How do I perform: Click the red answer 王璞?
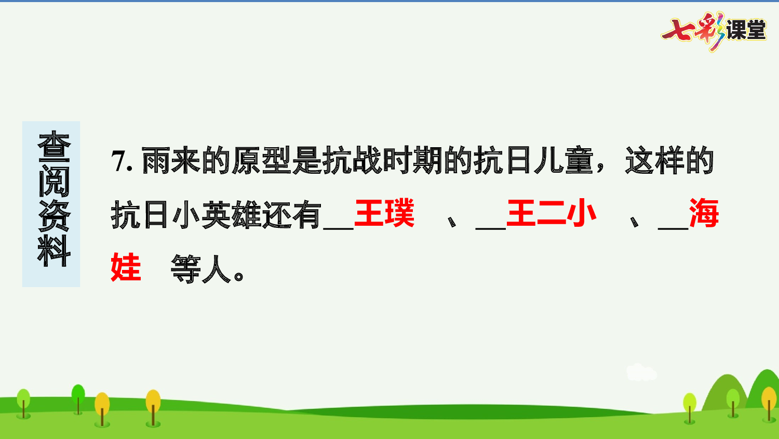tap(384, 213)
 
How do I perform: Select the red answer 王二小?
tap(551, 213)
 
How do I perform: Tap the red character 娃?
tap(126, 268)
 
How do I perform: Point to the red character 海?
tap(704, 213)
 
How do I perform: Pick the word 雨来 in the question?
tap(171, 161)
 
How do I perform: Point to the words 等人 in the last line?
tap(201, 269)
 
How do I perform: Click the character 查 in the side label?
tap(53, 147)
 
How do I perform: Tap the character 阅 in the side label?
tap(53, 181)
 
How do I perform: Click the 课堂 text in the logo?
tap(746, 30)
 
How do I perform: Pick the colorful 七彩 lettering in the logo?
tap(693, 31)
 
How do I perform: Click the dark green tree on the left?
tap(78, 396)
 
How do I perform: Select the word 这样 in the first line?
tap(655, 161)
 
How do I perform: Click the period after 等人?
tap(239, 276)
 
